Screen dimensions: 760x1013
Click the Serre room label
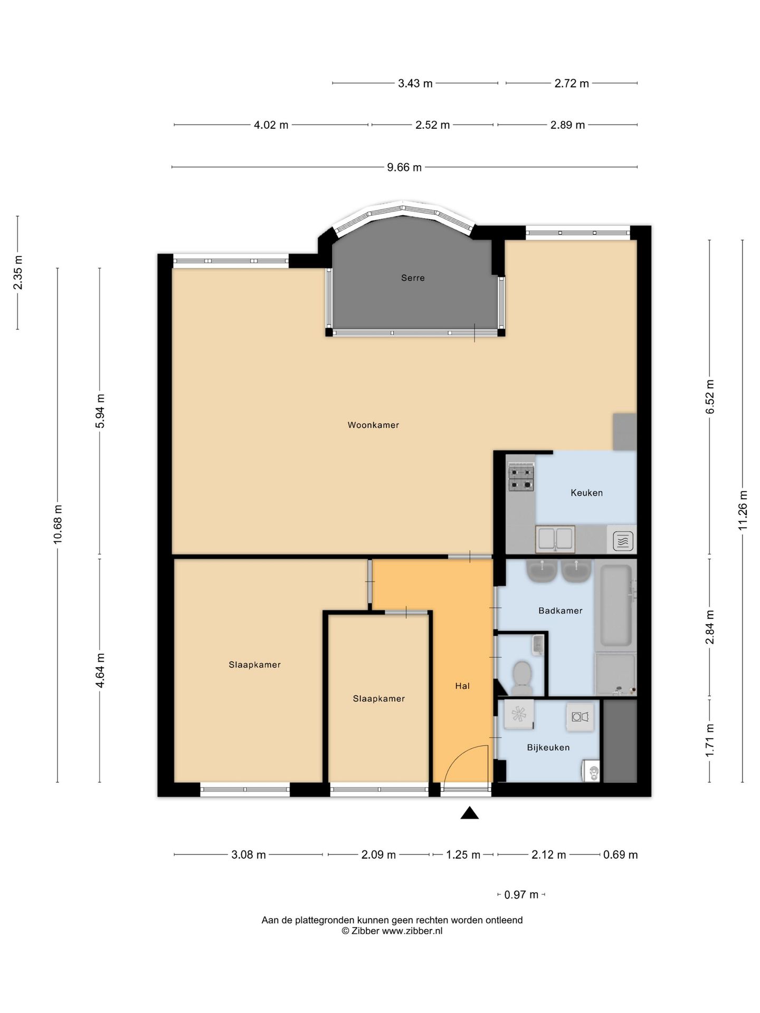click(413, 278)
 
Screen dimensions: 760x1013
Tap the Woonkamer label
click(373, 425)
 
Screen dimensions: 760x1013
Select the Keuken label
click(586, 493)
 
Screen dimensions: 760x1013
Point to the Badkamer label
click(560, 611)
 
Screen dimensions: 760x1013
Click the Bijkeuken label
click(548, 748)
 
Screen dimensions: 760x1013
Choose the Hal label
click(462, 686)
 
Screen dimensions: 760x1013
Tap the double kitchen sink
click(554, 539)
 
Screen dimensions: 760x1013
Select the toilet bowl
click(522, 678)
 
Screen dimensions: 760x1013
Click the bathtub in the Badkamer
click(616, 606)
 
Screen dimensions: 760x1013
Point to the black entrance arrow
click(469, 813)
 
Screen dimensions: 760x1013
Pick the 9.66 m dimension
click(404, 167)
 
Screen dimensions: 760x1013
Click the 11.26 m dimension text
click(743, 510)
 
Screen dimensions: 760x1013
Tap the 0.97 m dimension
click(521, 895)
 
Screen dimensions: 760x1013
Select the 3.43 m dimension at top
click(415, 83)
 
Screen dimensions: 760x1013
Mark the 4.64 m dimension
click(100, 670)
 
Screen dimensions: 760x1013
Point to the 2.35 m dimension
click(18, 272)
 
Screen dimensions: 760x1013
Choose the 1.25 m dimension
click(463, 855)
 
